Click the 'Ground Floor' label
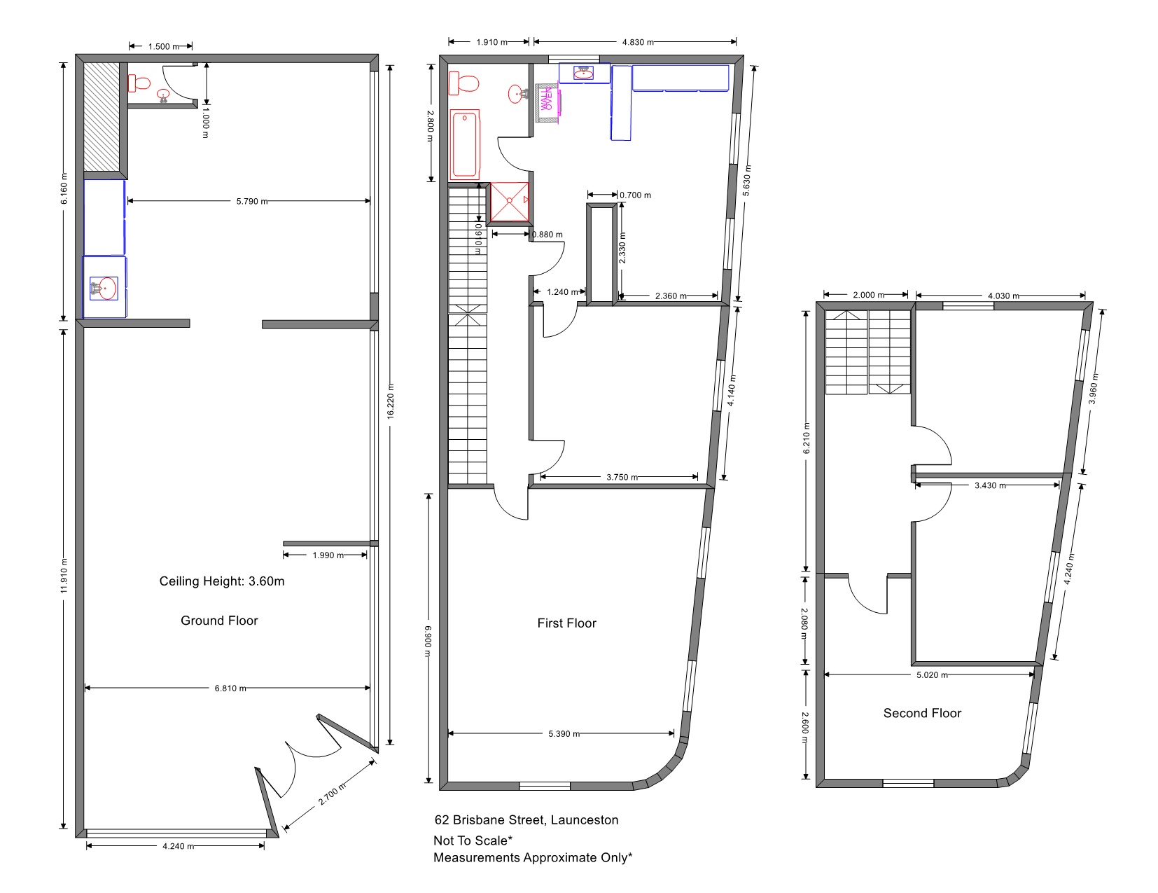tap(219, 621)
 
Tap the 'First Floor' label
tap(566, 623)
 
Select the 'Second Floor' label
tap(922, 713)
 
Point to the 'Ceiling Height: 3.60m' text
tap(222, 581)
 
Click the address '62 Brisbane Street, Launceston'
tap(526, 820)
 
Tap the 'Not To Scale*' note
tap(473, 840)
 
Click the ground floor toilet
tap(139, 83)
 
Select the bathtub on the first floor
tap(465, 144)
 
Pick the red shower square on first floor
tap(510, 202)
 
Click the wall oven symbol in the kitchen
tap(547, 99)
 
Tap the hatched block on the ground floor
tap(102, 117)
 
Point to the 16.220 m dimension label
tap(391, 401)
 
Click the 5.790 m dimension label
tap(251, 202)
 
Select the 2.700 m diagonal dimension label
tap(332, 794)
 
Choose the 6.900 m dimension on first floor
tap(428, 642)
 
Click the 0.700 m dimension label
tap(635, 195)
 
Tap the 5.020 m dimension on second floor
tap(932, 675)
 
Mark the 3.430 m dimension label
tap(990, 485)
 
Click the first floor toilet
tap(463, 83)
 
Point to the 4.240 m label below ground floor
tap(178, 846)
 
